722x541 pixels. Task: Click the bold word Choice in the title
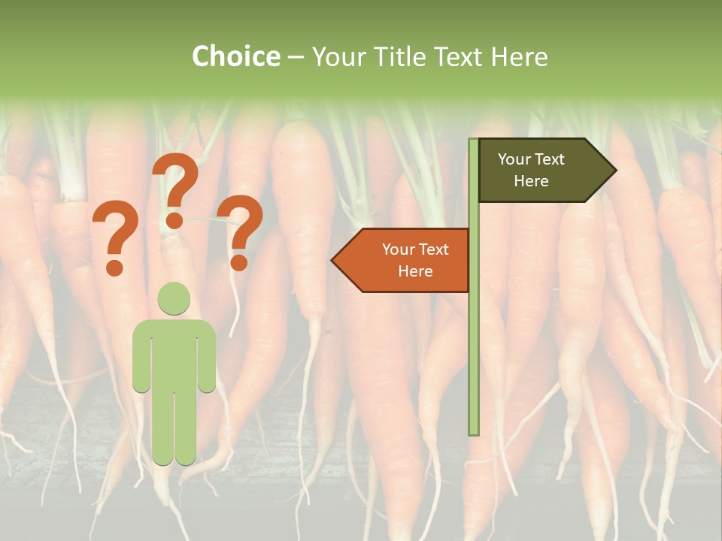point(235,56)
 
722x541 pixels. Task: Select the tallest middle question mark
point(177,180)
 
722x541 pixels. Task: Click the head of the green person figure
point(174,299)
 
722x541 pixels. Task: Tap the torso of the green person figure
point(174,353)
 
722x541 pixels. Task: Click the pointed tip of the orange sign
point(333,260)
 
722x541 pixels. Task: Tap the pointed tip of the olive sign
point(614,171)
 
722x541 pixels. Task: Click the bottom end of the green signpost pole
point(474,432)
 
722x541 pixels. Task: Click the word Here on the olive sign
point(531,181)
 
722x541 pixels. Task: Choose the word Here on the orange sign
point(415,271)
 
